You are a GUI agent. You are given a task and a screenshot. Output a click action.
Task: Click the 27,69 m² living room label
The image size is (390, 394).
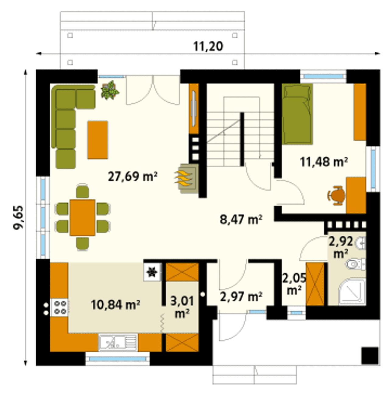pyautogui.click(x=133, y=177)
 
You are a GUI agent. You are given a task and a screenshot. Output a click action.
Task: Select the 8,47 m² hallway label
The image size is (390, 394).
pyautogui.click(x=241, y=220)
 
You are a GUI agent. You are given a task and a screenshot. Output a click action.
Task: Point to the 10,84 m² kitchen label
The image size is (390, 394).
pyautogui.click(x=115, y=305)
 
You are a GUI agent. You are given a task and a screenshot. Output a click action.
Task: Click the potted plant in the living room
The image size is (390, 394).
pyautogui.click(x=110, y=90)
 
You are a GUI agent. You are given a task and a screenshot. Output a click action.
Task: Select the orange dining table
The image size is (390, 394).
pyautogui.click(x=82, y=217)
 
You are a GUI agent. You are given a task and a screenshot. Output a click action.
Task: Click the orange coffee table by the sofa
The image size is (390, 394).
pyautogui.click(x=97, y=140)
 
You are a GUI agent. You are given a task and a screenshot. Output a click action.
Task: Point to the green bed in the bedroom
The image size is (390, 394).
pyautogui.click(x=297, y=114)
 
